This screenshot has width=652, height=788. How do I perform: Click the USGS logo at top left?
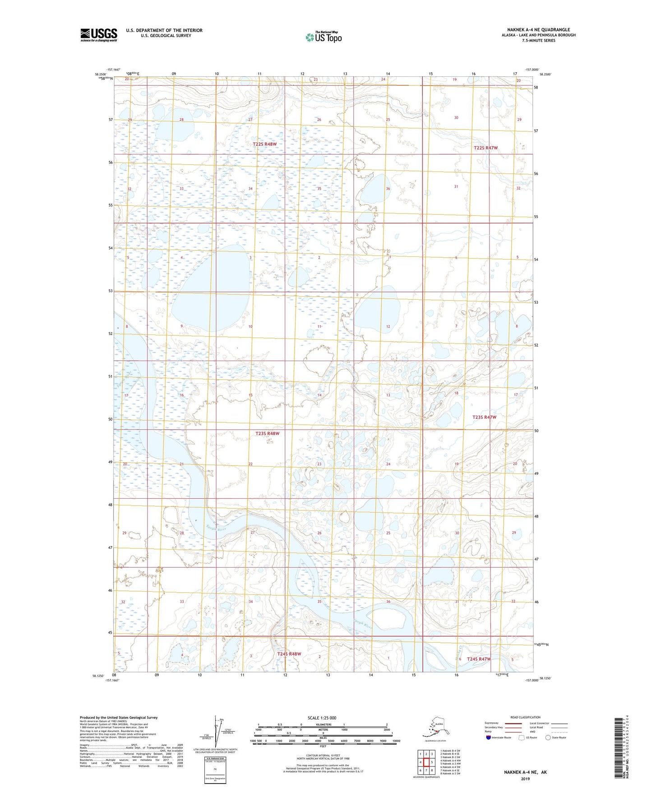pyautogui.click(x=98, y=35)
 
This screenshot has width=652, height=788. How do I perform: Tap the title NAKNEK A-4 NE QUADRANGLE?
pyautogui.click(x=538, y=30)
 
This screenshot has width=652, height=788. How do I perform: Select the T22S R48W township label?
pyautogui.click(x=264, y=144)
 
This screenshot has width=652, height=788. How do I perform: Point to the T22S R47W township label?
pyautogui.click(x=486, y=148)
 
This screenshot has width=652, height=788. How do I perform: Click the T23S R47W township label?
pyautogui.click(x=484, y=417)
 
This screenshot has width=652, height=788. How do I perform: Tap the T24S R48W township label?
pyautogui.click(x=289, y=654)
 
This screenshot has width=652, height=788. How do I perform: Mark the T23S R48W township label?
pyautogui.click(x=268, y=434)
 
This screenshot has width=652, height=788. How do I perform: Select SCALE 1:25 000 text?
pyautogui.click(x=322, y=718)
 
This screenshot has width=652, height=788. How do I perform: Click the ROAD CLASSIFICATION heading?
pyautogui.click(x=525, y=717)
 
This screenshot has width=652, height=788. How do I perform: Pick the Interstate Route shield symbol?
pyautogui.click(x=489, y=737)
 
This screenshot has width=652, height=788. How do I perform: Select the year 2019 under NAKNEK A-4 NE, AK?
pyautogui.click(x=525, y=779)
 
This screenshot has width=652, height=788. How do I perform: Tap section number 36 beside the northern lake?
pyautogui.click(x=388, y=189)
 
